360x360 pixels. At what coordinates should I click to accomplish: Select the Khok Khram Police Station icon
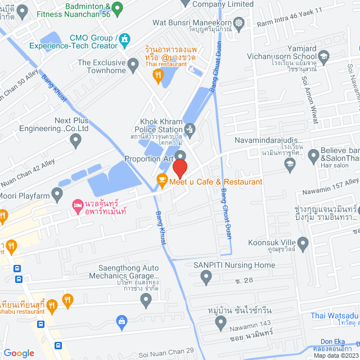tap(190, 130)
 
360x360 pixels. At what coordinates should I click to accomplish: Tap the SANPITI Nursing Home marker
tap(206, 277)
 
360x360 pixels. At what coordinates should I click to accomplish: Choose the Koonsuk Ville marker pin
tap(303, 244)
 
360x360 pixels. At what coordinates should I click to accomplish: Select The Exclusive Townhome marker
tap(133, 66)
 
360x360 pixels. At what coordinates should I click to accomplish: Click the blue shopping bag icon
tap(121, 321)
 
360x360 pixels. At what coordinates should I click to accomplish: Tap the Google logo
tap(19, 353)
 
